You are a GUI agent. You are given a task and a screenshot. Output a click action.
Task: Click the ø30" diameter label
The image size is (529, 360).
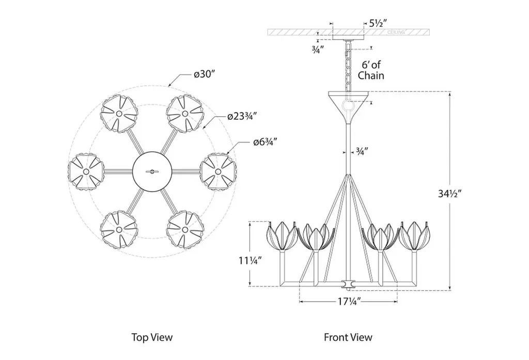coord(204,74)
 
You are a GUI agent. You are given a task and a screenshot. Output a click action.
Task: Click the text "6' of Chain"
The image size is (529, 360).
coord(372,70)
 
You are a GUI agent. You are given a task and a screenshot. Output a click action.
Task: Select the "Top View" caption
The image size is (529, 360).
coord(152,337)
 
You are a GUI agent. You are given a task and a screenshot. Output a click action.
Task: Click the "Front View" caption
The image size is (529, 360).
coord(348,337)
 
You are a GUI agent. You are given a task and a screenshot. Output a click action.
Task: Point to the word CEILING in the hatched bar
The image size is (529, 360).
coord(396,32)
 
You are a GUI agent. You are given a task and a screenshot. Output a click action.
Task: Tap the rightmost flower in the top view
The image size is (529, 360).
coord(217,170)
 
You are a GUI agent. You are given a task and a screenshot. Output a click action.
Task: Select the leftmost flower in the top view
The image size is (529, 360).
coord(86,170)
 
